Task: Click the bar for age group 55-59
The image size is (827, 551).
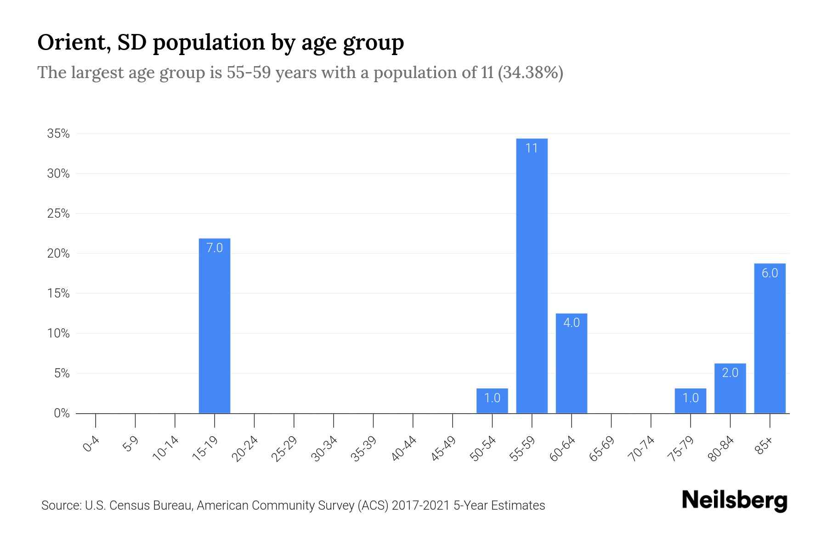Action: [x=532, y=275]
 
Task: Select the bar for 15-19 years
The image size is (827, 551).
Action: [x=215, y=326]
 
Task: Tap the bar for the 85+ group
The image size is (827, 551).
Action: [x=770, y=338]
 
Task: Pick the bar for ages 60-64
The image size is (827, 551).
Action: [x=571, y=363]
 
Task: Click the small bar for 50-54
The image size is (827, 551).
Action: [x=492, y=401]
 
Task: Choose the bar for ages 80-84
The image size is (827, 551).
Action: [x=730, y=388]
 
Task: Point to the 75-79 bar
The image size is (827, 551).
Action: [x=691, y=401]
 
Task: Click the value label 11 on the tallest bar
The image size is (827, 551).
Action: [x=532, y=148]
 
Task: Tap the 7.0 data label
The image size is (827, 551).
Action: [x=215, y=248]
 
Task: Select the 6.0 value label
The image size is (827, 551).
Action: [x=770, y=273]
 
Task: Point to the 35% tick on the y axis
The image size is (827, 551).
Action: [x=58, y=134]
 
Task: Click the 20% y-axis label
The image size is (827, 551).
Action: [x=58, y=253]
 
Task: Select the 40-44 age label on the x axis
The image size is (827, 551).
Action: [x=404, y=449]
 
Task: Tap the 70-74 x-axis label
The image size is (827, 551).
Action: [x=642, y=449]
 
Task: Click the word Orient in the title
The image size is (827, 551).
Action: [x=74, y=42]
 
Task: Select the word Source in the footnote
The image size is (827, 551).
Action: [x=61, y=506]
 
